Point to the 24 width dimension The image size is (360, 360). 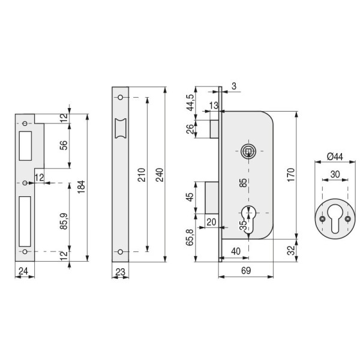24,271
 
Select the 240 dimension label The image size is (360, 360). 159,174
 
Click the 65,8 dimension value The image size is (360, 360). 190,236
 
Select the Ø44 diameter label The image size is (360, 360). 335,157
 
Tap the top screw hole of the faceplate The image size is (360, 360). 120,97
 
